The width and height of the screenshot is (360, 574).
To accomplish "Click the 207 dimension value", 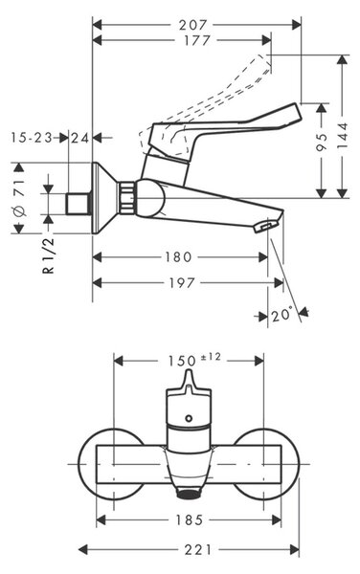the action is (193, 25).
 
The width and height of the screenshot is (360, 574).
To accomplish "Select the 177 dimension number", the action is (197, 40).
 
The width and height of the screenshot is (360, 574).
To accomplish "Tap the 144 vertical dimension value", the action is (343, 136).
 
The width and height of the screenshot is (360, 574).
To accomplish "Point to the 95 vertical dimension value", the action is (322, 142).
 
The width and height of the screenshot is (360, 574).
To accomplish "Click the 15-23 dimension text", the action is (32, 138).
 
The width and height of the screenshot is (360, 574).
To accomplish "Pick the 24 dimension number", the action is (80, 138).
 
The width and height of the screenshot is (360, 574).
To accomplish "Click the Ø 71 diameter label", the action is (20, 198).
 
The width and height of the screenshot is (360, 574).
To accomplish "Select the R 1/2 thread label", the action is (49, 255).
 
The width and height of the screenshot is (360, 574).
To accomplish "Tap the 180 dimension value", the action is (178, 257).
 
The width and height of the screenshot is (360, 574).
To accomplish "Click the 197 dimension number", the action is (182, 283).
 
